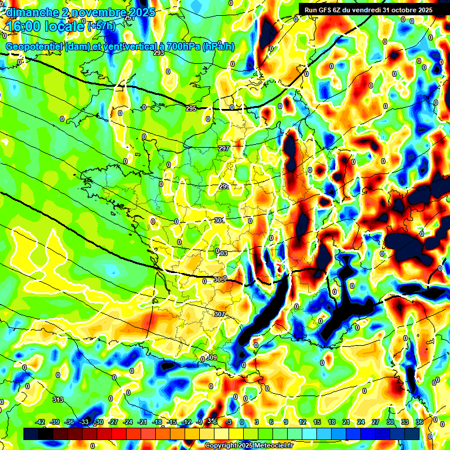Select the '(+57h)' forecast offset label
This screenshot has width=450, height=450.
click(101, 26)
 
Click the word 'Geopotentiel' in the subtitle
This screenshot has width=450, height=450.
click(33, 47)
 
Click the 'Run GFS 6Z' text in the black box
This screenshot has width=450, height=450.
click(329, 10)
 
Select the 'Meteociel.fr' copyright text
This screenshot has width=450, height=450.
click(270, 446)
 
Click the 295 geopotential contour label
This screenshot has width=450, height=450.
click(191, 109)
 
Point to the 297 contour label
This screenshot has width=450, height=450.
click(223, 148)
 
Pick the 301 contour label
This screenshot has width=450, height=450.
click(219, 220)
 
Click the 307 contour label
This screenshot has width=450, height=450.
click(220, 315)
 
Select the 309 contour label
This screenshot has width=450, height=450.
click(212, 357)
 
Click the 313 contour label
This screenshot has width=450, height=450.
click(57, 400)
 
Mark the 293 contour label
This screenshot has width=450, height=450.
click(158, 53)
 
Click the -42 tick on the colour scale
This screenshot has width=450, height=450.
click(40, 422)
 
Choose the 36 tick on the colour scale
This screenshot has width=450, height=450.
click(419, 422)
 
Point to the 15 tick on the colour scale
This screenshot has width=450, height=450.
click(317, 422)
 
